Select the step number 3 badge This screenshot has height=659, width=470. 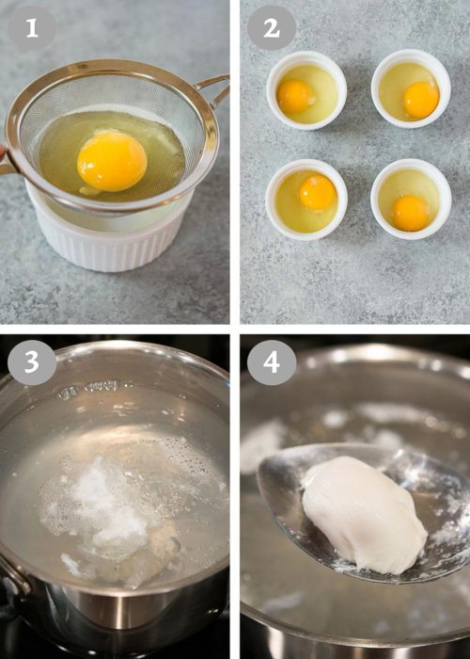coord(32,362)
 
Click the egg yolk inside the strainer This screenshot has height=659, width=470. coord(111,160)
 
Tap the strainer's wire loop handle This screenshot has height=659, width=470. coord(214,90)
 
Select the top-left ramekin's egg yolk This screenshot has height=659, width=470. coord(295,95)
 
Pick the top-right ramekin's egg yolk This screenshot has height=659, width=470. coord(420,99)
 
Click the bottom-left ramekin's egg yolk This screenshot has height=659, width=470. coord(318,192)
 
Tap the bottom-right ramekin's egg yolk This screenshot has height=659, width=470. coord(410,213)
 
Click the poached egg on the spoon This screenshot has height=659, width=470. coord(362,513)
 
